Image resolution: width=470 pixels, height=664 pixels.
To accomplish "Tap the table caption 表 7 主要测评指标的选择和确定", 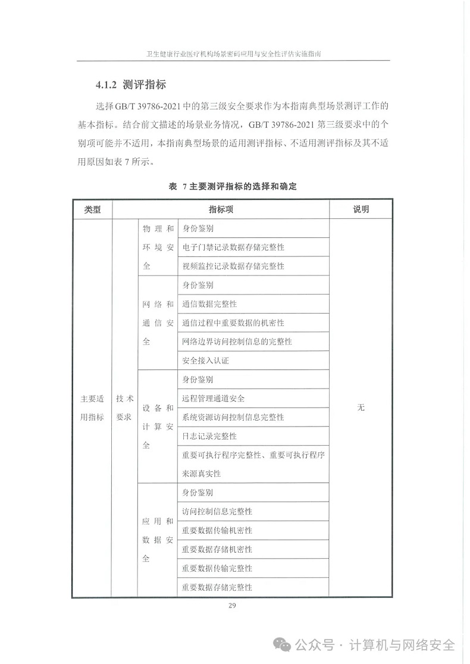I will pyautogui.click(x=233, y=186).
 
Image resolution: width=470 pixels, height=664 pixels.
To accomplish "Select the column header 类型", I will pyautogui.click(x=92, y=209).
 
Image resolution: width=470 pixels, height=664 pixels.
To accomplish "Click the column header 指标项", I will pyautogui.click(x=221, y=209).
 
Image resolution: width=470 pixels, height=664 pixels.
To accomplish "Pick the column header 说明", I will pyautogui.click(x=361, y=209).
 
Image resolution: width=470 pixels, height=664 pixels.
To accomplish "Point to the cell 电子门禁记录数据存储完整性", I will pyautogui.click(x=233, y=247).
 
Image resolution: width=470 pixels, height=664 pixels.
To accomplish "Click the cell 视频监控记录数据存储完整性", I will pyautogui.click(x=233, y=266).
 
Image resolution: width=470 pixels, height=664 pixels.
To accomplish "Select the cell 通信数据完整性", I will pyautogui.click(x=209, y=303).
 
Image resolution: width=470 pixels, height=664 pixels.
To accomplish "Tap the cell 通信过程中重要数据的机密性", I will pyautogui.click(x=233, y=322).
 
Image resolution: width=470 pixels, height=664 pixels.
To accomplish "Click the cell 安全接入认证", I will pyautogui.click(x=205, y=361).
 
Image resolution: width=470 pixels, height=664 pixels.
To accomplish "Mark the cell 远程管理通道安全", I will pyautogui.click(x=214, y=398).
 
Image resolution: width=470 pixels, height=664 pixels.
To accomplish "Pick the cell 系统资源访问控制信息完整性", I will pyautogui.click(x=233, y=417).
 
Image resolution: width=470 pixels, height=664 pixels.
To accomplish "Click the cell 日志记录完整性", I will pyautogui.click(x=209, y=436).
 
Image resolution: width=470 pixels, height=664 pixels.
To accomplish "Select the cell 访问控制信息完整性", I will pyautogui.click(x=217, y=512).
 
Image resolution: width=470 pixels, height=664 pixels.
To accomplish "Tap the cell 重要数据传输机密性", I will pyautogui.click(x=217, y=530).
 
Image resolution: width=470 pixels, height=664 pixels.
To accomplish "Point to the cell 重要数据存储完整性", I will pyautogui.click(x=217, y=587).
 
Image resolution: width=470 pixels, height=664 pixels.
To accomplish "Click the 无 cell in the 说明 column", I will pyautogui.click(x=361, y=408).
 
